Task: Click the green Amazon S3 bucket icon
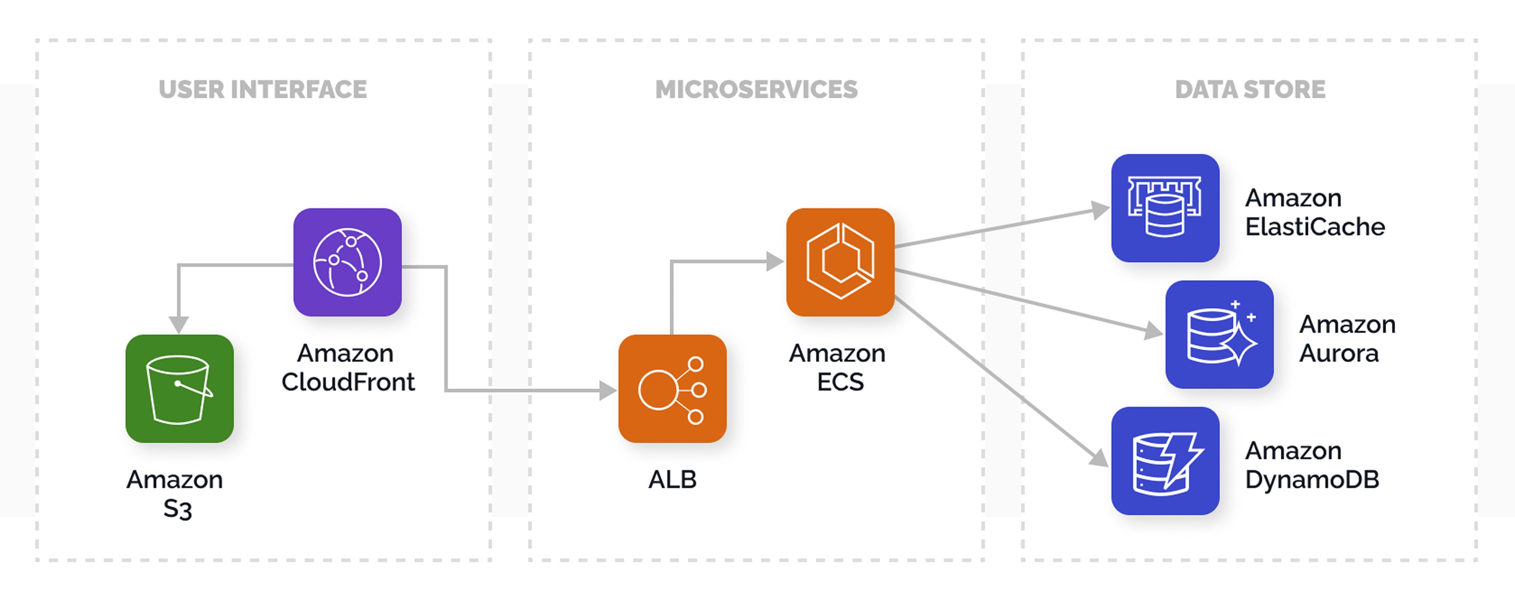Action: coord(180,389)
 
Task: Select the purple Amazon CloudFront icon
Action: coord(348,262)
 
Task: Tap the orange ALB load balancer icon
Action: coord(672,389)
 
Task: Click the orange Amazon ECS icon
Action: coord(840,262)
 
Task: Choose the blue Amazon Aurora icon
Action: coord(1219,334)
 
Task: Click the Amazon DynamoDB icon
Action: coord(1165,461)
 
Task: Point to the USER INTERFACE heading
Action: coord(262,90)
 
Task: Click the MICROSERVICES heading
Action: coord(756,90)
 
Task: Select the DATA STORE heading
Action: coord(1250,90)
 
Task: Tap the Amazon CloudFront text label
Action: coord(348,368)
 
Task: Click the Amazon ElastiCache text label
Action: coord(1315,212)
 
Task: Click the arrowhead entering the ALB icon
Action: coord(608,390)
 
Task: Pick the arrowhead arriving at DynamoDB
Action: coord(1099,457)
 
